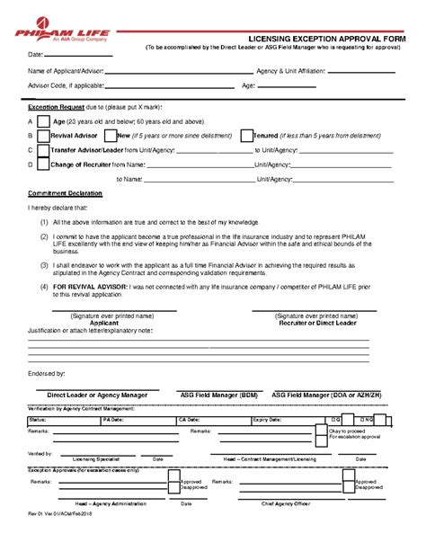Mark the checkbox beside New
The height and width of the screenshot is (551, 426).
coord(110,136)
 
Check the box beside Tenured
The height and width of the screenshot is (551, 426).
coord(245,136)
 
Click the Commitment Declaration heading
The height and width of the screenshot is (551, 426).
coord(66,194)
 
